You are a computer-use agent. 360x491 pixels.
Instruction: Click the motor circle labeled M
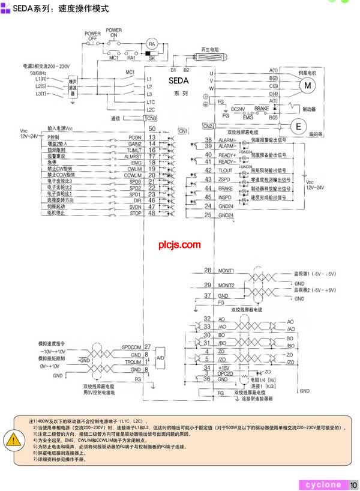coord(307,85)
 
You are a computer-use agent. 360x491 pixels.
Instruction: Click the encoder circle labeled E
coord(298,125)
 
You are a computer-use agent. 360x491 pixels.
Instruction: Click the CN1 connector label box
coord(184,130)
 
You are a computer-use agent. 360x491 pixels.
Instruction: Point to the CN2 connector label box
coord(208,125)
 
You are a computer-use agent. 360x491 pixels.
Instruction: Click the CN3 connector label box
coord(151,118)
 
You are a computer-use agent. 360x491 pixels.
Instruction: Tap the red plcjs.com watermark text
coord(179,244)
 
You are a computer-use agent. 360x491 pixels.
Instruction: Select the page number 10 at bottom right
coord(353,484)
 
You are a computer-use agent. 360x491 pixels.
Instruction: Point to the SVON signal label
coord(135,206)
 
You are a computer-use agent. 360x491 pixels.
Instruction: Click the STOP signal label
coord(135,213)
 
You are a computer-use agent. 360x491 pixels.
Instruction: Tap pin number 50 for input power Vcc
coord(152,129)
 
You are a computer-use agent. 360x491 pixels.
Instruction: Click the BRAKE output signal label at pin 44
coord(226,188)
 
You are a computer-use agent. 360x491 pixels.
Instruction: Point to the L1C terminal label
coord(151,102)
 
